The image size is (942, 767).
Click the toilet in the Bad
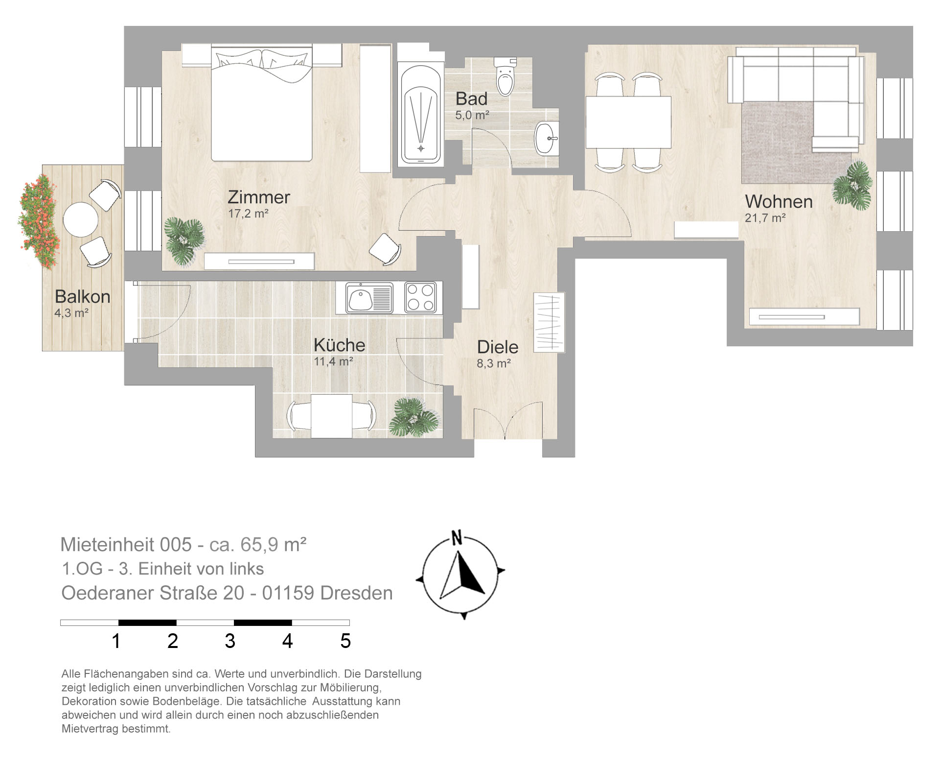(x=505, y=76)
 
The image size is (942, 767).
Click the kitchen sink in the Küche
(x=369, y=298)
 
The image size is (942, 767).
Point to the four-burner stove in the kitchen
(x=420, y=297)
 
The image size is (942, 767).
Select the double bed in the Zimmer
(x=262, y=105)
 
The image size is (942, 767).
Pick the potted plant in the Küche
(x=414, y=417)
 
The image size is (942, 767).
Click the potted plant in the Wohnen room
(x=853, y=185)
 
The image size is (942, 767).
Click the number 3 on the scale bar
(x=230, y=641)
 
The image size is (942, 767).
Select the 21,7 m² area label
(x=765, y=218)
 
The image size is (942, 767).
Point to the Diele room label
(x=498, y=347)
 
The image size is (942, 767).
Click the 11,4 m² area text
(x=333, y=361)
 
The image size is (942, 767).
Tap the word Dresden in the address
(x=356, y=593)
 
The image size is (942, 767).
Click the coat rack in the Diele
(x=549, y=321)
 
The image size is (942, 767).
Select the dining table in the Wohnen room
(x=628, y=122)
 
